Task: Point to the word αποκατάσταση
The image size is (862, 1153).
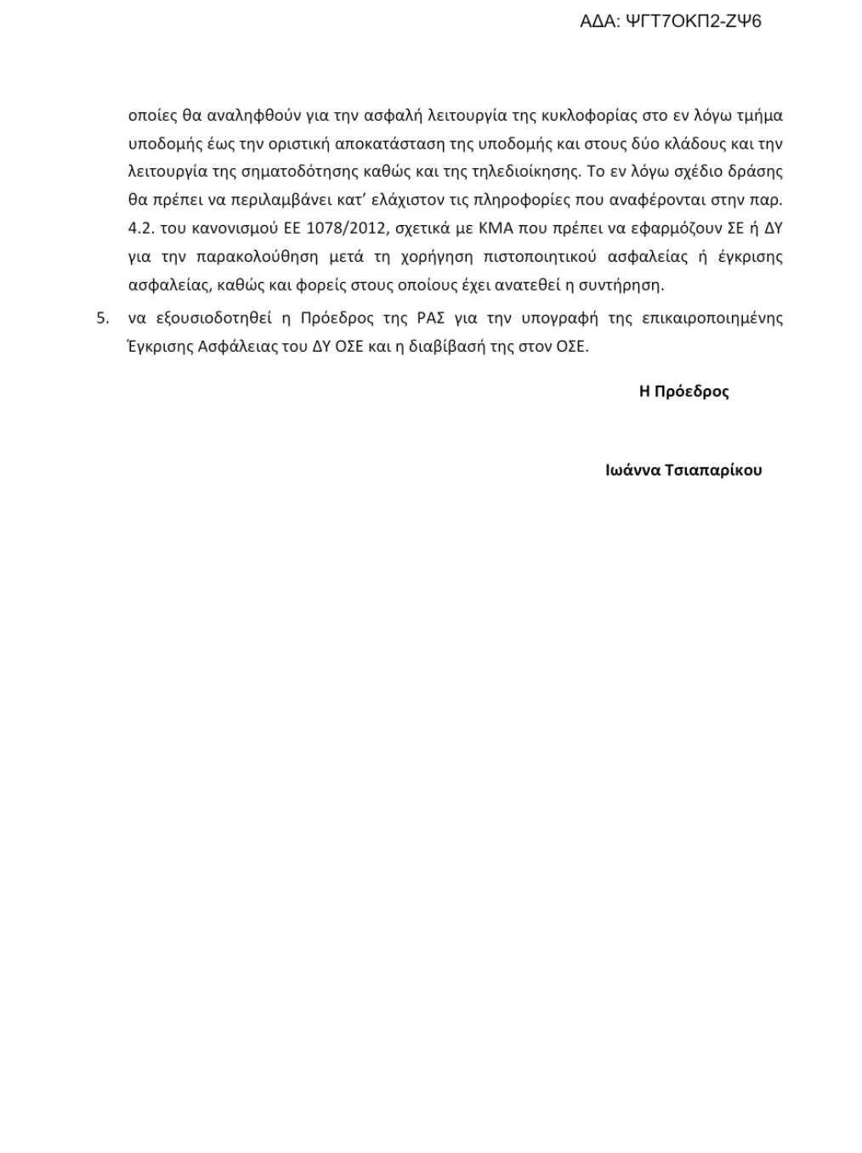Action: click(386, 143)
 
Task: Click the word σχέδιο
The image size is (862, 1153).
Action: click(690, 171)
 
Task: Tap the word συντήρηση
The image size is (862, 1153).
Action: click(622, 285)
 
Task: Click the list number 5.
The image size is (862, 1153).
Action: click(102, 319)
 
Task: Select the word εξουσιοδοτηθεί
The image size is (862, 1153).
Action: click(213, 319)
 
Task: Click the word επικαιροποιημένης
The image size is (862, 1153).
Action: click(712, 319)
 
